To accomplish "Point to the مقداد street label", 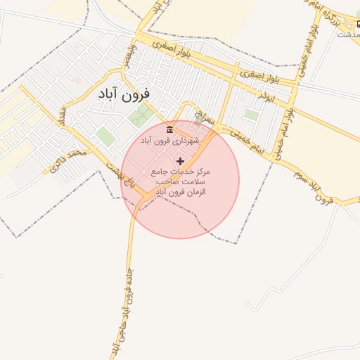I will [x=63, y=117].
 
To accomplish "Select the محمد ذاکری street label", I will [x=68, y=158].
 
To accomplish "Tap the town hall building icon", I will [x=169, y=129].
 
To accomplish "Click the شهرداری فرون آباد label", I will [x=169, y=141].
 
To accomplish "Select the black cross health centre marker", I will [x=180, y=161].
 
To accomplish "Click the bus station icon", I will [x=359, y=23].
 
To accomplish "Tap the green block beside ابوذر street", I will [x=251, y=114].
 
